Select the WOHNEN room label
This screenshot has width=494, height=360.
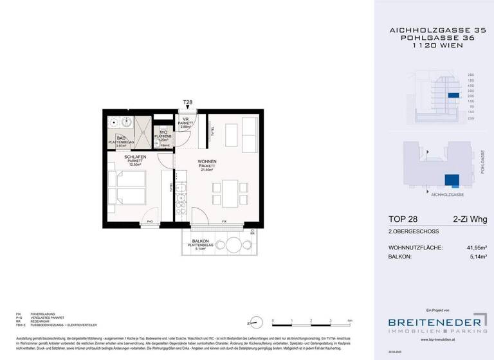pos(207,161)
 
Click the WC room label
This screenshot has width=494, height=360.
pos(164,132)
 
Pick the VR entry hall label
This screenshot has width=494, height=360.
pos(185,119)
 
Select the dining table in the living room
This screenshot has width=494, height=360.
pos(231,191)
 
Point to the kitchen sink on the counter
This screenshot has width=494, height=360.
pos(181,190)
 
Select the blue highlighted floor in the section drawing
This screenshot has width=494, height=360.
pos(454,96)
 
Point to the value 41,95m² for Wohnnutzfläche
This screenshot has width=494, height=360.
pos(473,248)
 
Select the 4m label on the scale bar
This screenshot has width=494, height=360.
pos(349,319)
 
